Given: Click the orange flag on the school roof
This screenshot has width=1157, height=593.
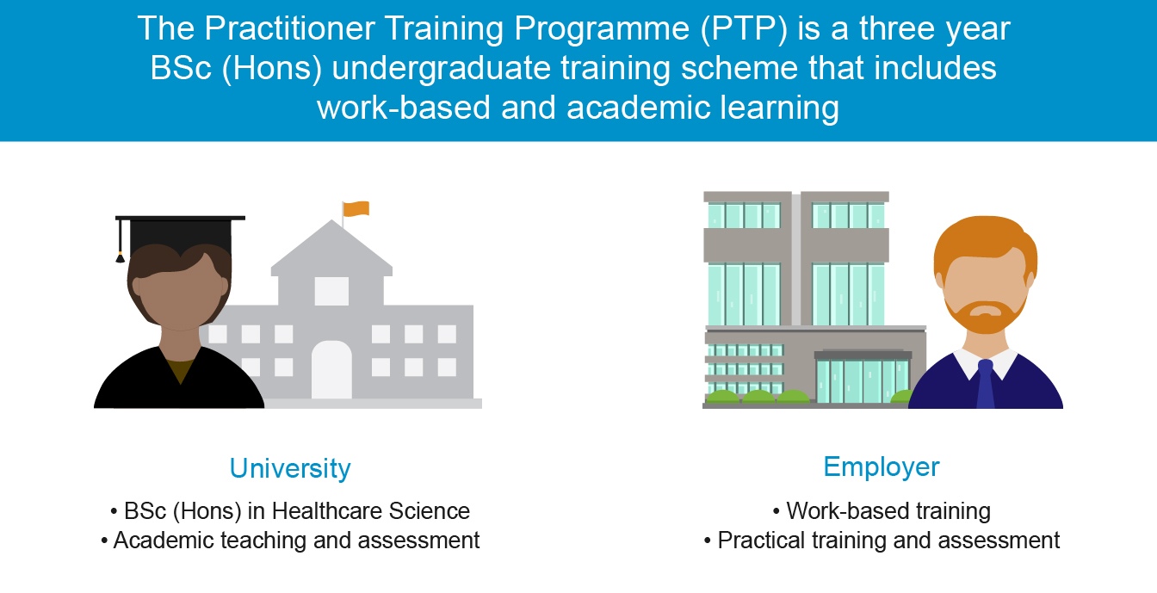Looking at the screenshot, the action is [356, 208].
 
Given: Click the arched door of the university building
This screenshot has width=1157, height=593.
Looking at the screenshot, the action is [331, 370].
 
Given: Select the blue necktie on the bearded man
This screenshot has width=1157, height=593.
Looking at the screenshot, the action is [986, 384].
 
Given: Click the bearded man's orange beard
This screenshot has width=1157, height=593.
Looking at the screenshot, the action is [986, 315].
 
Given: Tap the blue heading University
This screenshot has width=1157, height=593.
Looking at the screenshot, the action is [290, 468].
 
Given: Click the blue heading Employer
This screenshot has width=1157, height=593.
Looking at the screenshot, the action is [882, 467].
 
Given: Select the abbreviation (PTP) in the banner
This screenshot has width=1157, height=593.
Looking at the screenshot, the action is [744, 28].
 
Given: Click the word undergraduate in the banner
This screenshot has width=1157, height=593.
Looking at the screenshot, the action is [441, 69].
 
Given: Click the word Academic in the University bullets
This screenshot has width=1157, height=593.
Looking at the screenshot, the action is [164, 540].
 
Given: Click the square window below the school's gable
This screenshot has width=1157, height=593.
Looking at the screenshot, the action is [331, 290].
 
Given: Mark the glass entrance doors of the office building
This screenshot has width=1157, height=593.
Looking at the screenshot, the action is [862, 380].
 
